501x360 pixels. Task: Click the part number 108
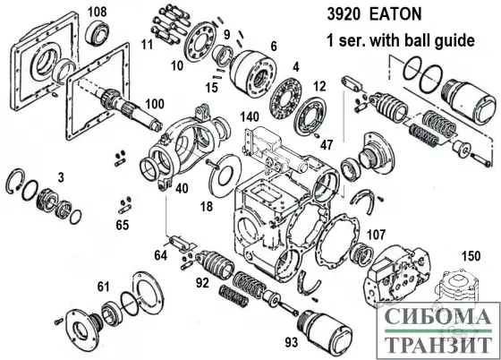(98, 12)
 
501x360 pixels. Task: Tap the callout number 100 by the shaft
(155, 104)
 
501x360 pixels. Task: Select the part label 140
(250, 116)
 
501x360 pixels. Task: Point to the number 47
(327, 145)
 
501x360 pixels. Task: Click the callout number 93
(292, 342)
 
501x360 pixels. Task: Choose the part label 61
(103, 287)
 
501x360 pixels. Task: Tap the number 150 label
(471, 256)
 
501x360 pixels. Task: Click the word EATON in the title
(395, 14)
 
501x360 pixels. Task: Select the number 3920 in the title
(344, 14)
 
